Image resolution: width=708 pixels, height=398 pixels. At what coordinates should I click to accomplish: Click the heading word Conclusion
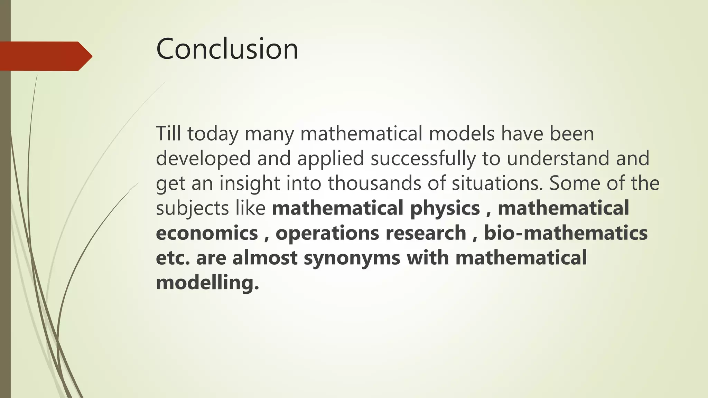click(x=227, y=49)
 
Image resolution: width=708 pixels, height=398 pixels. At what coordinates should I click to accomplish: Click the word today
click(x=213, y=134)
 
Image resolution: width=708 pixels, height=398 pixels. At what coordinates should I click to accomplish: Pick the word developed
click(x=203, y=159)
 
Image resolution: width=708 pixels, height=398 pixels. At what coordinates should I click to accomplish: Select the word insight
click(x=249, y=183)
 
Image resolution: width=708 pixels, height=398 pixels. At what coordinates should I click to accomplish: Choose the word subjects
click(x=192, y=209)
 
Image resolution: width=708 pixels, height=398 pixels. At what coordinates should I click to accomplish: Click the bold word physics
click(x=445, y=209)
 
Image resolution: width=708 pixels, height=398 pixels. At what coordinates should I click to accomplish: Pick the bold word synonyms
click(x=352, y=258)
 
